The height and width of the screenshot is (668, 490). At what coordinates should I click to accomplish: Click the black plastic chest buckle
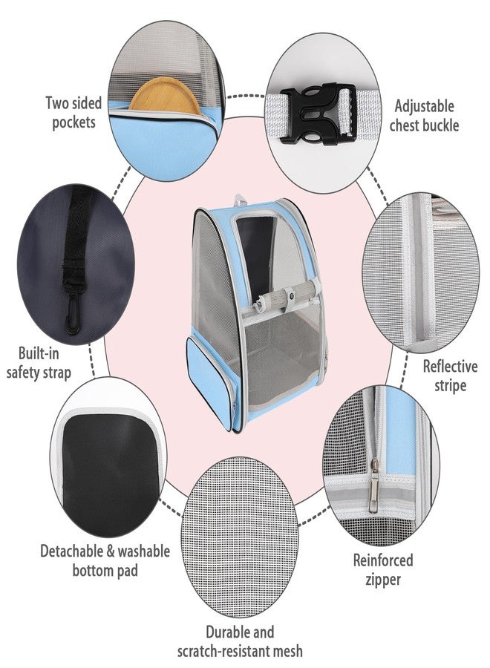click(318, 113)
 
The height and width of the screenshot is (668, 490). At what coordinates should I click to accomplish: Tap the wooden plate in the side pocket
click(165, 96)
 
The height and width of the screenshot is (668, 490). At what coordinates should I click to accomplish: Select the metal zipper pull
click(373, 485)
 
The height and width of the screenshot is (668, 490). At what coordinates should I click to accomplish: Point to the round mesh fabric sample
click(239, 536)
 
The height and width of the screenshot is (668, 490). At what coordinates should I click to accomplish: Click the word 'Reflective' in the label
click(450, 367)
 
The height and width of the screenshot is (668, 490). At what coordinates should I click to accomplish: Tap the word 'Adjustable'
click(424, 106)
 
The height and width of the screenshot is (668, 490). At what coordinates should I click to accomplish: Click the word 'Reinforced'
click(383, 560)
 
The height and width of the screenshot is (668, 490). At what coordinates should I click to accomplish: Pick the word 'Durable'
click(224, 632)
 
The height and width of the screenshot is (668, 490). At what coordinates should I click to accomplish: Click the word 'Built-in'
click(39, 353)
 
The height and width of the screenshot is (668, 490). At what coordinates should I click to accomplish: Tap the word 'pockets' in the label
click(73, 122)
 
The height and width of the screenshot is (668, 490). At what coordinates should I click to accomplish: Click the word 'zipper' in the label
click(383, 580)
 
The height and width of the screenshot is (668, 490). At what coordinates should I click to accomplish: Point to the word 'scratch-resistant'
click(220, 652)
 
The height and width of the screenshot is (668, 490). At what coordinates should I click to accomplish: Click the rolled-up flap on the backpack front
click(286, 294)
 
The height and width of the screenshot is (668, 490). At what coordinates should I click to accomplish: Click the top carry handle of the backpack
click(241, 200)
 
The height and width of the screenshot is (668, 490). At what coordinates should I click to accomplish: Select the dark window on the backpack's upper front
click(255, 252)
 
